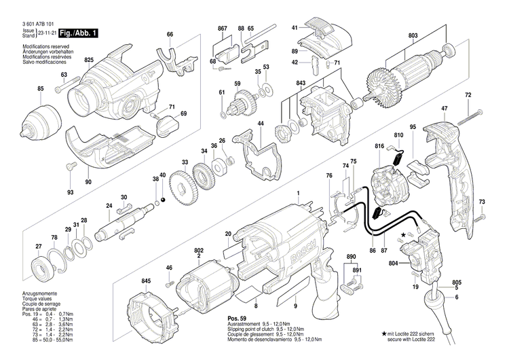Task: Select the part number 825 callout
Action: tap(88, 60)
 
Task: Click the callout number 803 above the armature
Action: tap(413, 35)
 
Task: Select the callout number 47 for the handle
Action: tap(444, 109)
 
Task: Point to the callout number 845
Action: tap(146, 281)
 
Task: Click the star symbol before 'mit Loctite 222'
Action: tap(385, 334)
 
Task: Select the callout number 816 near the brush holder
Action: tap(379, 146)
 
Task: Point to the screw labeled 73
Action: tap(482, 217)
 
